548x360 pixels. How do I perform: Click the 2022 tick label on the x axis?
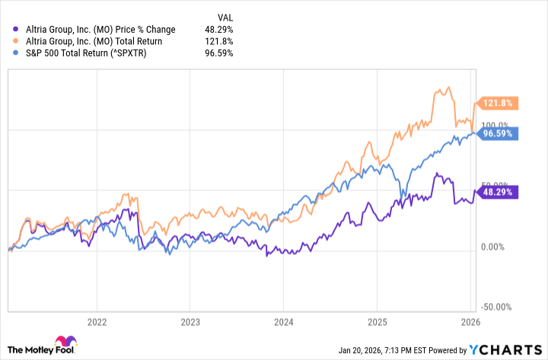coord(97,321)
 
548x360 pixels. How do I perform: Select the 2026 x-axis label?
coord(469,321)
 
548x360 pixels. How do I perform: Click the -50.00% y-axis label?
coord(498,307)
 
